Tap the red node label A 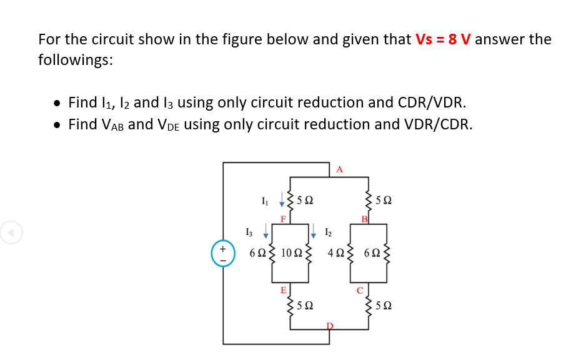tap(339, 169)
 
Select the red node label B tap(365, 219)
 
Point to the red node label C tap(360, 290)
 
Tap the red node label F tap(283, 219)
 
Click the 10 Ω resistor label tap(292, 253)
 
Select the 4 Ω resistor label tap(335, 253)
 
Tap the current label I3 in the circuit tap(251, 232)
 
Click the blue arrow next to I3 tap(266, 232)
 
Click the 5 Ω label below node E tap(305, 306)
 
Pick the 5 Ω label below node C tap(385, 306)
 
